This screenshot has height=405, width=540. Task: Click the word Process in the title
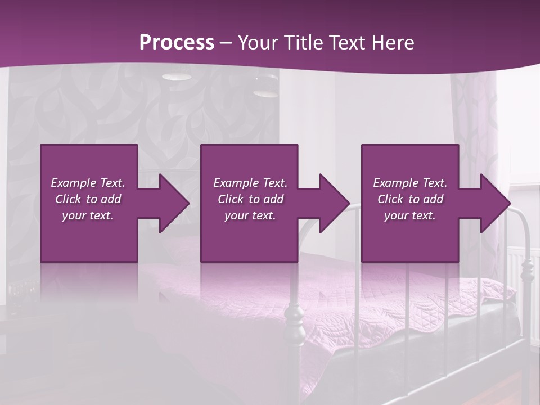(x=177, y=43)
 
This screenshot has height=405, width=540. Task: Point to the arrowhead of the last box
(x=493, y=203)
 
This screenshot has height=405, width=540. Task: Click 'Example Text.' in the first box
(x=88, y=183)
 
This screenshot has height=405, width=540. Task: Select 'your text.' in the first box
(x=88, y=215)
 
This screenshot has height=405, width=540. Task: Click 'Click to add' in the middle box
(x=250, y=199)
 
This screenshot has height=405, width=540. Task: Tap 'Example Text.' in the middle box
(x=250, y=183)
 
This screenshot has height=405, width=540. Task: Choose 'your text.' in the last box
(x=410, y=215)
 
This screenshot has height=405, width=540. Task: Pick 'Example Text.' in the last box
(x=410, y=183)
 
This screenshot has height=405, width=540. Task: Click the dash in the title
(x=226, y=43)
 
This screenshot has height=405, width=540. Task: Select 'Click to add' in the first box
(x=88, y=199)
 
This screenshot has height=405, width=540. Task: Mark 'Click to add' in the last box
(x=410, y=199)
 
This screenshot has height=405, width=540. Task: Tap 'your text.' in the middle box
(x=250, y=215)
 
